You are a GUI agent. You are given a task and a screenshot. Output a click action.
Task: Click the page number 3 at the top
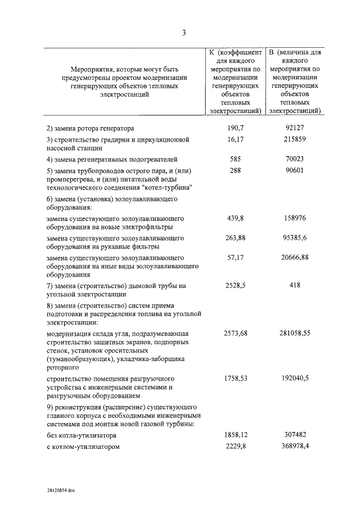183,33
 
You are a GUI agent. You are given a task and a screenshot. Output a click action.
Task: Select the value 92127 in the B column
295,128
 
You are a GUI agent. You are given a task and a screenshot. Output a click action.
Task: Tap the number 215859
295,138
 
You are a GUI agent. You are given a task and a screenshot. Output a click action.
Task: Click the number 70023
295,159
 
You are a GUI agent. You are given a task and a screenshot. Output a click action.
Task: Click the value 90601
295,170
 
